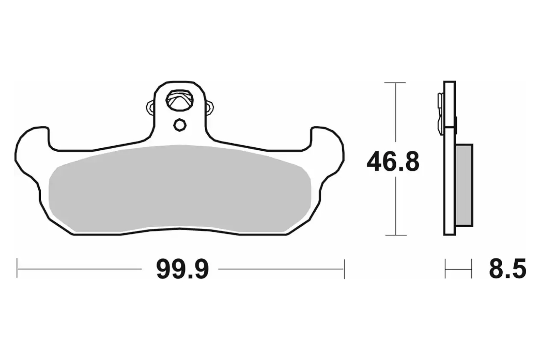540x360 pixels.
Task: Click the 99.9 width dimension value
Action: click(x=182, y=269)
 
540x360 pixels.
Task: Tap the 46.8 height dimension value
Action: click(x=393, y=162)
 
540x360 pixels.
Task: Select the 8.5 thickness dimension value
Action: click(x=508, y=268)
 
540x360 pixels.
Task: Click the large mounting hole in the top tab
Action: click(x=179, y=100)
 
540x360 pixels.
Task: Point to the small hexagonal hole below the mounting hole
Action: click(x=179, y=125)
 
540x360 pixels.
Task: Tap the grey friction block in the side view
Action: click(x=464, y=185)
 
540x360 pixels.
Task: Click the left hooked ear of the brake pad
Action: click(x=31, y=154)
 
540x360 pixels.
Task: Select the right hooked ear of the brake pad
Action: click(x=328, y=154)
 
